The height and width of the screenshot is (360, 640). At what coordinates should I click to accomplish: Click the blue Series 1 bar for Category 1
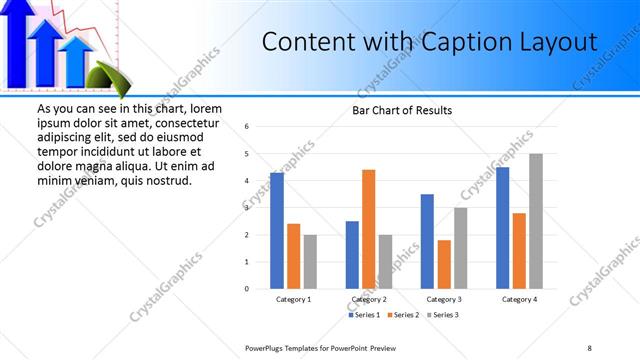277,231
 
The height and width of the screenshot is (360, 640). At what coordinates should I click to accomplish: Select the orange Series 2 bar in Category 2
368,229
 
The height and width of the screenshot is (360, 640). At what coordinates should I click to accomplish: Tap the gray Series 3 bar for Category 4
536,221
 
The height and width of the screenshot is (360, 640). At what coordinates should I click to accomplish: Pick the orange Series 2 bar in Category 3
444,264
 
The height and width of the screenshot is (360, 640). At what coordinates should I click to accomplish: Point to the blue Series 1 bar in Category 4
502,228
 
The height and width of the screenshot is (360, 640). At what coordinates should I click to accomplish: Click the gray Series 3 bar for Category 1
310,262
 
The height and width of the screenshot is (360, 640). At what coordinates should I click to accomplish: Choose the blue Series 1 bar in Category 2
352,255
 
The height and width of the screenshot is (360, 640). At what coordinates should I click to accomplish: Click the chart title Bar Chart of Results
402,110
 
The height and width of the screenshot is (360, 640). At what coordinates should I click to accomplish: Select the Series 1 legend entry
363,315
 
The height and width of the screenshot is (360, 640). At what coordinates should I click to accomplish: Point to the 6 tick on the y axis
246,126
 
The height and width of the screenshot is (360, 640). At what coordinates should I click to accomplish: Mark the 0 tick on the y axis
246,289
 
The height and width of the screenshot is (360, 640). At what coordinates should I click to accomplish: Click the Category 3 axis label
444,299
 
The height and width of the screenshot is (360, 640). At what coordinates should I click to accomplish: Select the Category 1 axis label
293,299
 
